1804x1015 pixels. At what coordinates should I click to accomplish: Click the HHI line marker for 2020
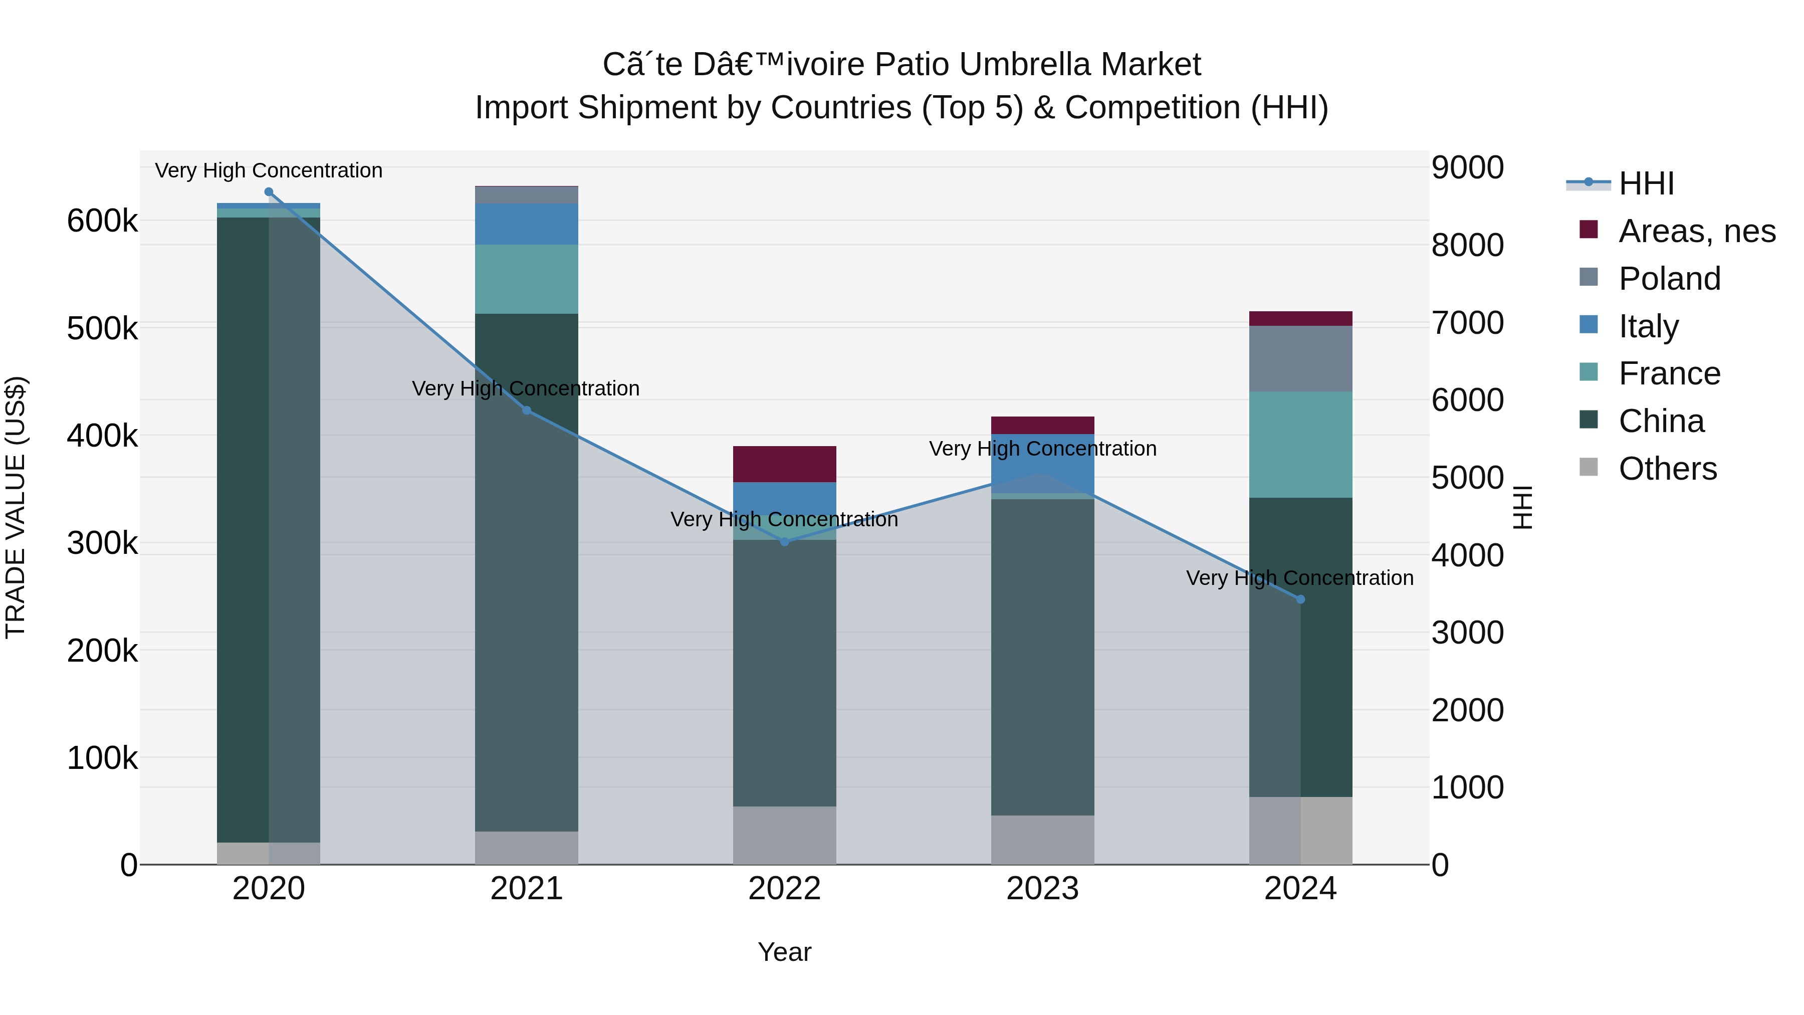(x=269, y=192)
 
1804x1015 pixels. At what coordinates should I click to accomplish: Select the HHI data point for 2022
(x=784, y=541)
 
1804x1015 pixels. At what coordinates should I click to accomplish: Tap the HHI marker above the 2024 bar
(x=1300, y=599)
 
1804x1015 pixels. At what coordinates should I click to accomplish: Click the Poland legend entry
(x=1669, y=279)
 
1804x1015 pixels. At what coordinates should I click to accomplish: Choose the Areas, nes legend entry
(x=1696, y=231)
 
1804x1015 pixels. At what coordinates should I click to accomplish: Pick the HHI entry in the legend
(x=1646, y=183)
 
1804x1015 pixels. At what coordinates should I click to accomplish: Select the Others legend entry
(x=1667, y=469)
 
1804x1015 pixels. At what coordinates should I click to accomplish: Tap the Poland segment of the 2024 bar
(x=1300, y=359)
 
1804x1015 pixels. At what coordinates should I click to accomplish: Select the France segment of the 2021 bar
(x=527, y=279)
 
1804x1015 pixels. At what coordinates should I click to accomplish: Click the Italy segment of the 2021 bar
(x=527, y=224)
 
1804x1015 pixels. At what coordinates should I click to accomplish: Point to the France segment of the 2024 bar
(x=1300, y=445)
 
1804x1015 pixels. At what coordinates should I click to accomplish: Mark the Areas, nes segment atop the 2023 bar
(x=1042, y=425)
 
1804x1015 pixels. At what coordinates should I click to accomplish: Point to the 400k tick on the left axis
(x=102, y=436)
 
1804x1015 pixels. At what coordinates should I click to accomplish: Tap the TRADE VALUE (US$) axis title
(x=16, y=507)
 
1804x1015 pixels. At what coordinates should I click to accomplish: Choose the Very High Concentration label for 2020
(x=269, y=171)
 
